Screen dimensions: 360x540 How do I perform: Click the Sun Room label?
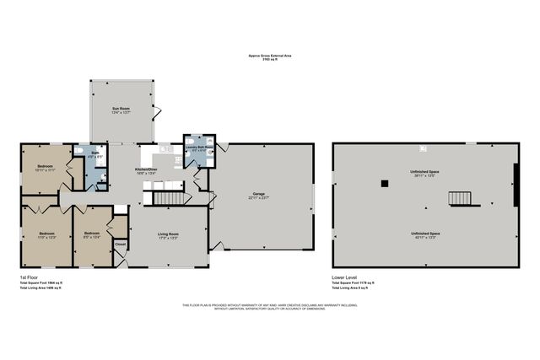pyautogui.click(x=121, y=110)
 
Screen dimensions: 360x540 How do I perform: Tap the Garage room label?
pyautogui.click(x=259, y=195)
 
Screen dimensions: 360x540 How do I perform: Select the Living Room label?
pyautogui.click(x=168, y=234)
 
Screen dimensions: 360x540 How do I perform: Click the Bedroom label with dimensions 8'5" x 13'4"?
pyautogui.click(x=90, y=234)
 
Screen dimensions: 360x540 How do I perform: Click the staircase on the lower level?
pyautogui.click(x=460, y=198)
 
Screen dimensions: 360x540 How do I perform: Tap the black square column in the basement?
pyautogui.click(x=384, y=183)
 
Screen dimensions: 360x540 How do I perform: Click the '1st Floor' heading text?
pyautogui.click(x=29, y=277)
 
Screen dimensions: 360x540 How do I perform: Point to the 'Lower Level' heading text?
pyautogui.click(x=347, y=277)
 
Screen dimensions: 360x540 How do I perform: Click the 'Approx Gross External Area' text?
pyautogui.click(x=269, y=56)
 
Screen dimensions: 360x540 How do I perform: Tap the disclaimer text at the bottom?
pyautogui.click(x=269, y=307)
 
